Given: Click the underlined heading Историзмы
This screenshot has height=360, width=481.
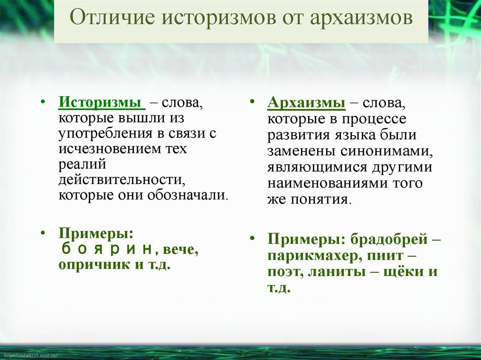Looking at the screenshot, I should point(101,103).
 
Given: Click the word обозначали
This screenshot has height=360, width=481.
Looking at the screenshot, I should point(194,195).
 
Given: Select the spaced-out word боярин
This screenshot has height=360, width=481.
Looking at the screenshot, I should point(107,249).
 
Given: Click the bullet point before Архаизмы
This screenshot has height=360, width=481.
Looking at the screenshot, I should point(253,102).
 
